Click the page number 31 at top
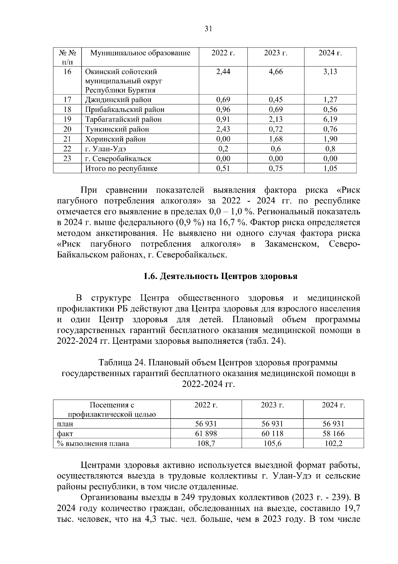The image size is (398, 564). [208, 29]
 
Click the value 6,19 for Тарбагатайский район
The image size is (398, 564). [330, 119]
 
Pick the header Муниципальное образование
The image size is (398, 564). [140, 53]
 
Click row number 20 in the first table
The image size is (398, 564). [67, 129]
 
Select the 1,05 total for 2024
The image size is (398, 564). [330, 168]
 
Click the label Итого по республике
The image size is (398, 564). [121, 168]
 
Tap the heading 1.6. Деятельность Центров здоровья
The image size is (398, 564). [220, 276]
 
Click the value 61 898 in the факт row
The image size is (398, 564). [206, 433]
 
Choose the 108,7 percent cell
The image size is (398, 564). [206, 443]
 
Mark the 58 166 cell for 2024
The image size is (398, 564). [333, 433]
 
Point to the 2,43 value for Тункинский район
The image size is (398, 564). [223, 129]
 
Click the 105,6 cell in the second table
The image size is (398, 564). [272, 443]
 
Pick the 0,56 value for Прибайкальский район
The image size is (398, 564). [330, 110]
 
